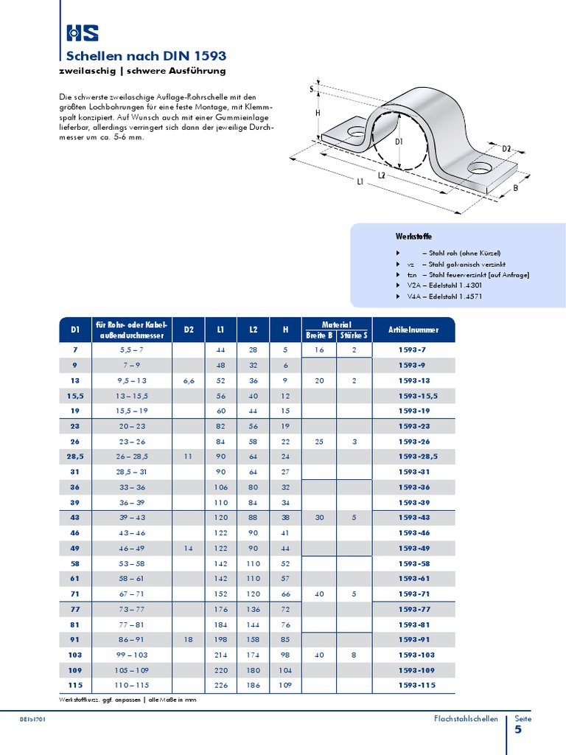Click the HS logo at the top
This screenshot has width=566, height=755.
[82, 32]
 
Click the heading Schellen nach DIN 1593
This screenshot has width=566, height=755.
[146, 56]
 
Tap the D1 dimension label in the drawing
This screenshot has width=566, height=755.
[399, 141]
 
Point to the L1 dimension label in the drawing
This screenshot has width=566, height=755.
[360, 182]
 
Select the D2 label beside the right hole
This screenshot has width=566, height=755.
[506, 149]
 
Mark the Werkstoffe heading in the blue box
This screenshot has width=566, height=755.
[413, 236]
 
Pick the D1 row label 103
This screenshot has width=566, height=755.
[74, 655]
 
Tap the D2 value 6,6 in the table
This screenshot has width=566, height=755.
[189, 380]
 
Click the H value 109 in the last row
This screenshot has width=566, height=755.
[284, 686]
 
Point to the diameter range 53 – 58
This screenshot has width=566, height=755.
[132, 563]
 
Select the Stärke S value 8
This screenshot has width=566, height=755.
[354, 655]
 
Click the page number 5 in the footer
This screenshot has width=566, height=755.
[517, 730]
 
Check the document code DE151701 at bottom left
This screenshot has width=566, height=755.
[33, 719]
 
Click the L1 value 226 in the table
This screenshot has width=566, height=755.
[221, 686]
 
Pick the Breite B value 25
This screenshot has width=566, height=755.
[319, 441]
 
